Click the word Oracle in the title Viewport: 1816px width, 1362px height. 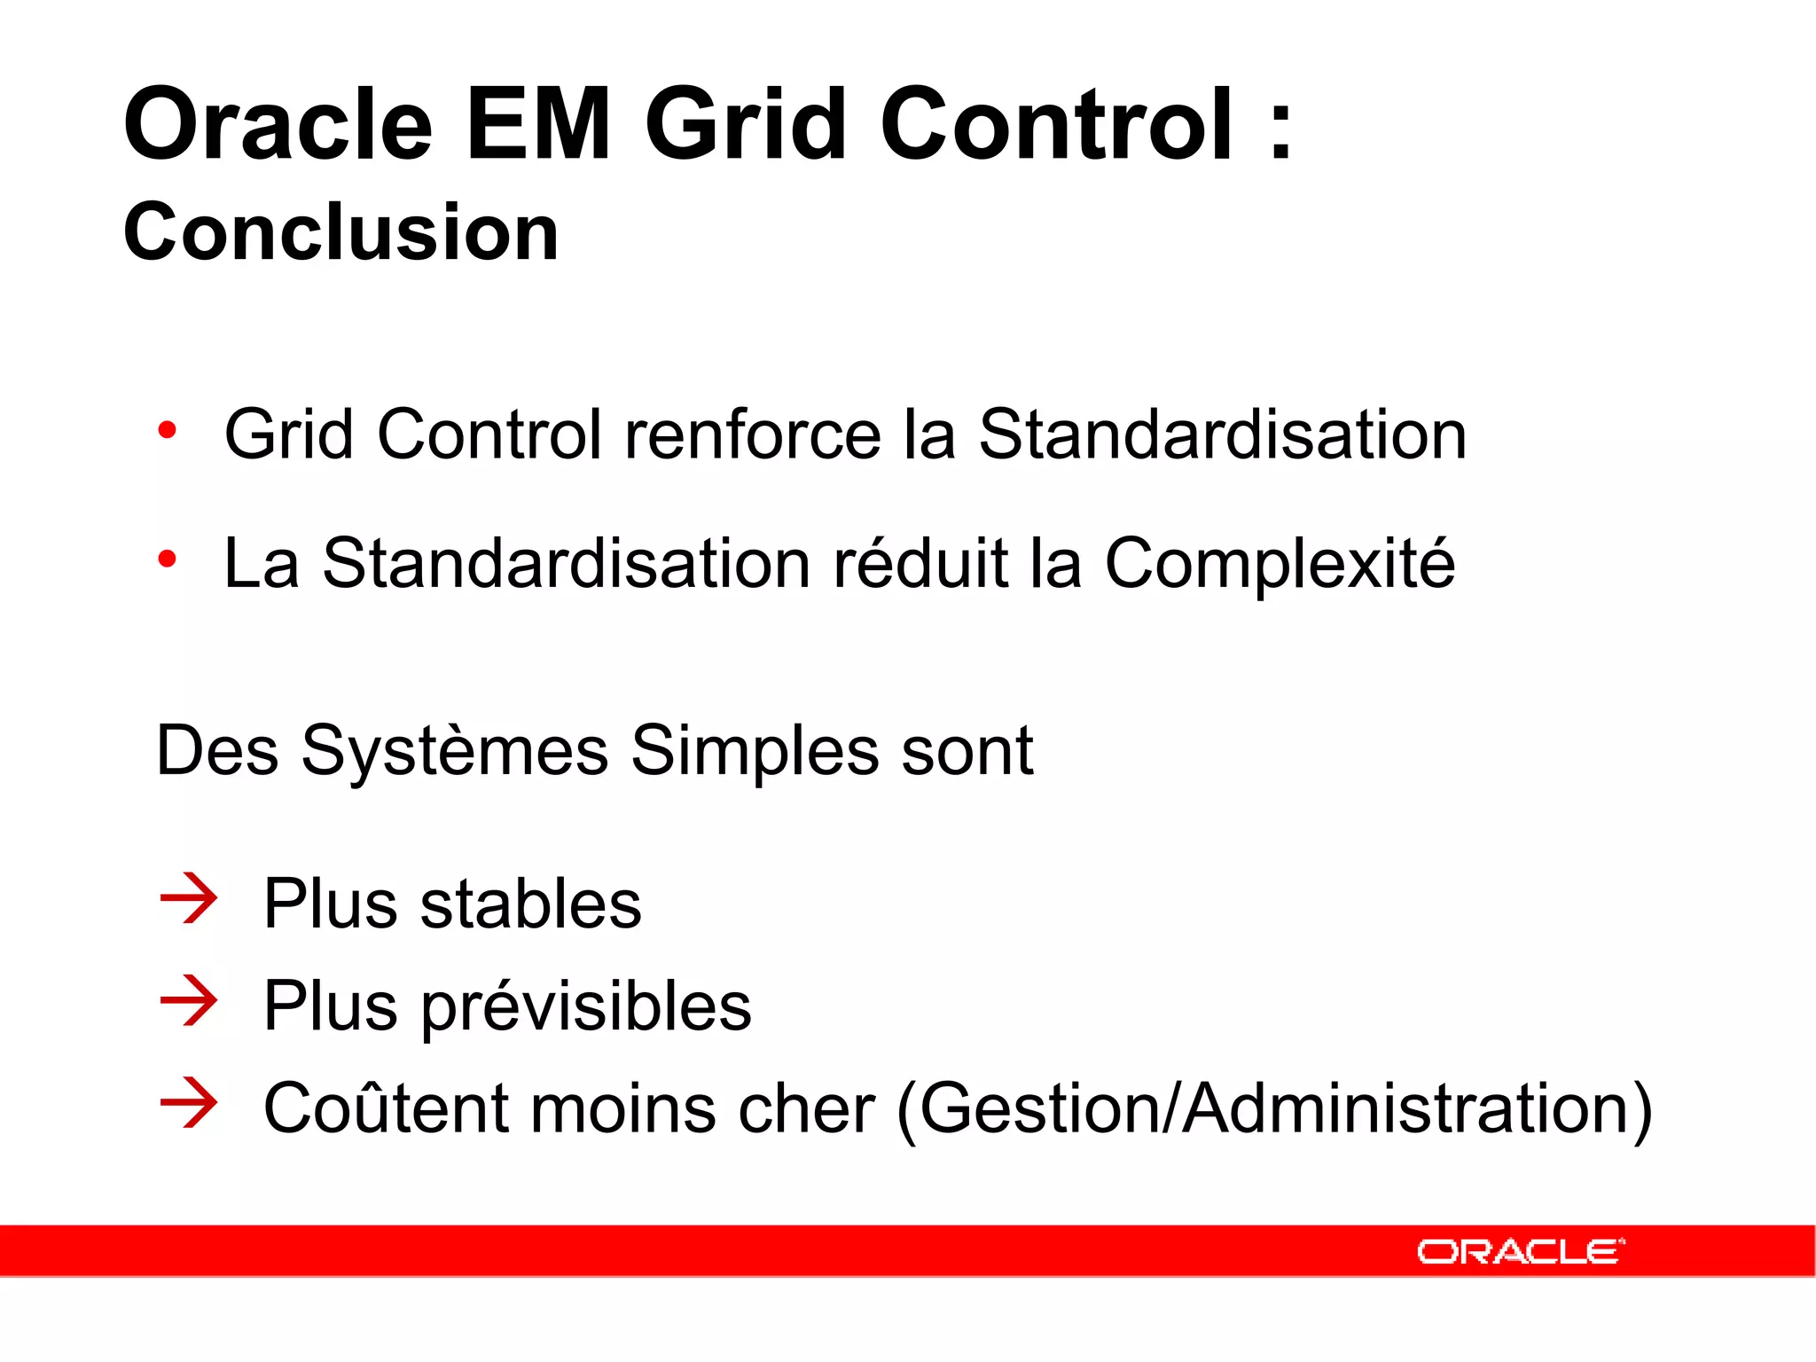coord(278,126)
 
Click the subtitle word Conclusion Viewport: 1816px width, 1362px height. coord(341,232)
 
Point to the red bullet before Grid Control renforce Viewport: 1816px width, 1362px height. coord(167,432)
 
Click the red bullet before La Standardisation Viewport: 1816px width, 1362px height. coord(167,560)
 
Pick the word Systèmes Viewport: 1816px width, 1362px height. coord(454,751)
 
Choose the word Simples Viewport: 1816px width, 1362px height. coord(754,753)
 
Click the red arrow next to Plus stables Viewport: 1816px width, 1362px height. coord(189,899)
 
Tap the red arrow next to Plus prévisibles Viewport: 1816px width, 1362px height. coord(189,1001)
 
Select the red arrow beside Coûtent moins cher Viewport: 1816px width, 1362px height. coord(189,1103)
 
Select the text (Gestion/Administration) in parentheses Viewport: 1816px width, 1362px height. coord(1274,1109)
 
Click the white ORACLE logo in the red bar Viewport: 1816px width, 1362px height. coord(1520,1251)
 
